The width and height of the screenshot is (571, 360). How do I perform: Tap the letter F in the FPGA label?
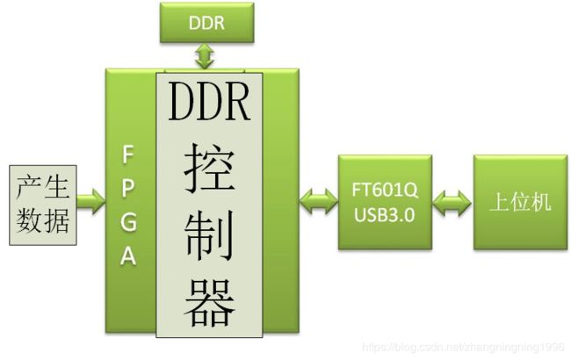coord(128,155)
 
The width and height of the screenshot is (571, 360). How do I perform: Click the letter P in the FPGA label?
coord(128,188)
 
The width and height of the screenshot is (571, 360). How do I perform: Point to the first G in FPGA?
coord(128,221)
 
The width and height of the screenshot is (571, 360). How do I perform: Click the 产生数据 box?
coord(40,204)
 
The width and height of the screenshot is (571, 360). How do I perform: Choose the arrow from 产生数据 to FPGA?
coord(89,203)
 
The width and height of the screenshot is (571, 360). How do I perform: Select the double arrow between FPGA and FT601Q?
coord(318,204)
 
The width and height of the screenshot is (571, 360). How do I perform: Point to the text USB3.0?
coord(385,213)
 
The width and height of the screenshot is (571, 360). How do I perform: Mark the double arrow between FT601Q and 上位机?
coord(452,203)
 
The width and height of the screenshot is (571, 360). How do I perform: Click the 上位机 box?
coord(519,203)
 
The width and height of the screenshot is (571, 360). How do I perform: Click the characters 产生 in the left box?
coord(40,187)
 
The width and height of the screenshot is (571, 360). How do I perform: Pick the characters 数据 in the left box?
coord(40,220)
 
